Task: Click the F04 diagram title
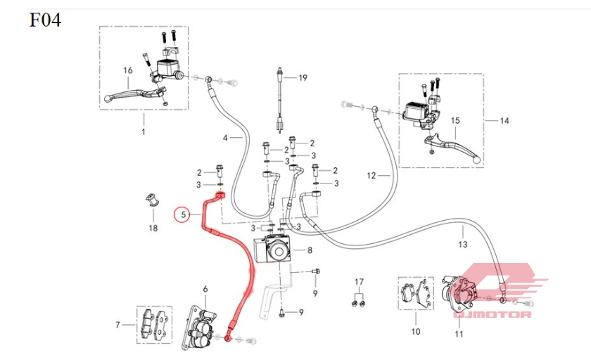[45, 20]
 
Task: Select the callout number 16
[128, 70]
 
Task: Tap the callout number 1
[143, 131]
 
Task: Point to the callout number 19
[303, 77]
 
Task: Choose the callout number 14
[504, 121]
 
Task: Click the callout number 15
[455, 121]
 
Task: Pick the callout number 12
[371, 174]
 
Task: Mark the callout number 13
[462, 245]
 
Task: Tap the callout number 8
[310, 250]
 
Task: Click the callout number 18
[153, 229]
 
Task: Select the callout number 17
[359, 281]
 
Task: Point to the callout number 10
[415, 331]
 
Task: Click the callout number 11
[459, 333]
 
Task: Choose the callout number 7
[117, 324]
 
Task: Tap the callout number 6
[205, 289]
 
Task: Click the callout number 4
[226, 138]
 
